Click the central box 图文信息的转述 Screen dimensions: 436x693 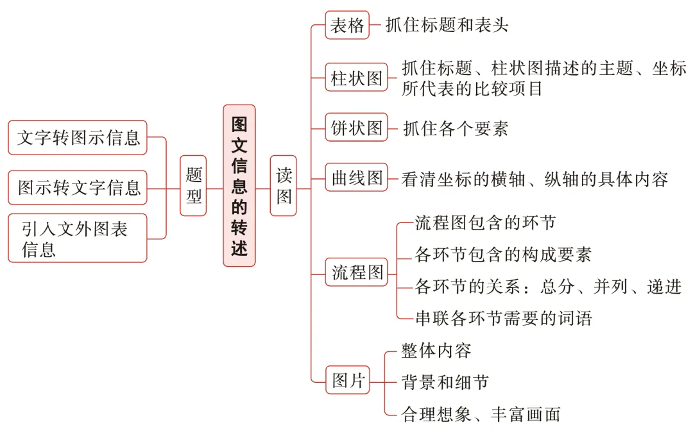239,186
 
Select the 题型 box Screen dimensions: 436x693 193,185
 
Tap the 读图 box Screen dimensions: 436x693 283,185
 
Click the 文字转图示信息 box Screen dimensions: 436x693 78,137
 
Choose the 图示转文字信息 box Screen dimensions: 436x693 78,187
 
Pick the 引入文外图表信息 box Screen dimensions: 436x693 78,239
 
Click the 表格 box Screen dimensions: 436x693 347,25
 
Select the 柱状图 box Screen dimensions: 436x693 356,78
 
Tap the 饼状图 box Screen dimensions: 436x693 356,128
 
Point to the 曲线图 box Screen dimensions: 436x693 356,178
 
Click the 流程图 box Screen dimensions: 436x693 356,272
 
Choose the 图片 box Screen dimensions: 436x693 348,381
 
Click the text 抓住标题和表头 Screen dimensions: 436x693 447,25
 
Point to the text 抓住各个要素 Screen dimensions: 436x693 456,128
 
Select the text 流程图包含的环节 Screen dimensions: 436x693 485,222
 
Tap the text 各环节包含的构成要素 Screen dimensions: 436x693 503,254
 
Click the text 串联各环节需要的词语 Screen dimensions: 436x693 503,317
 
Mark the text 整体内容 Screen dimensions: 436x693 436,350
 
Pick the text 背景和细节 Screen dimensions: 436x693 445,382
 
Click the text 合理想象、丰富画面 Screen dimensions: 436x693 481,414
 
